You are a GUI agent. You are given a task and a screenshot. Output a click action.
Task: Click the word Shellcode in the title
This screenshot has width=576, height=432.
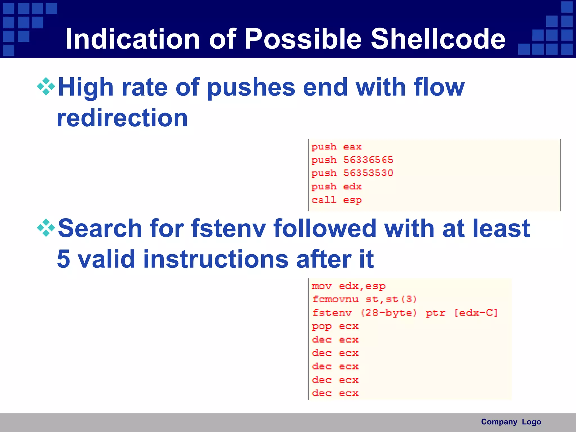[438, 39]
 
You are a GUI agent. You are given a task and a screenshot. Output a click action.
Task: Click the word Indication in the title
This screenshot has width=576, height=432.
[132, 39]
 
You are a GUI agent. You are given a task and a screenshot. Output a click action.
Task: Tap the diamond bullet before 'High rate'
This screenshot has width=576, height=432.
[46, 87]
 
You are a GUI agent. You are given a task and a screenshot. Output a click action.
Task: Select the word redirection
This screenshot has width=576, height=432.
[122, 118]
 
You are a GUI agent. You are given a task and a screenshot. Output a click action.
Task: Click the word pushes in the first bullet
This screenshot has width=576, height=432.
[251, 88]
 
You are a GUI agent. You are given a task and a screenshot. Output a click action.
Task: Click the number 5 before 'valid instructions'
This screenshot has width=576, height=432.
[64, 259]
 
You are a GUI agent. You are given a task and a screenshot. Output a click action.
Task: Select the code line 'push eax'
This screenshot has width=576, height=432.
[336, 147]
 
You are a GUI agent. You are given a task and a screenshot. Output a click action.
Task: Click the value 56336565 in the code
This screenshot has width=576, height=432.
[368, 160]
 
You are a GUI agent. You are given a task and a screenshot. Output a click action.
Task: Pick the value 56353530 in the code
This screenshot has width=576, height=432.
[368, 173]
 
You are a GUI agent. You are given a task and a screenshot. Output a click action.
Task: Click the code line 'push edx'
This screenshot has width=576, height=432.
[336, 187]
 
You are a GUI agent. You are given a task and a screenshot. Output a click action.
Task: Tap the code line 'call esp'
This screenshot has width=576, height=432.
[336, 200]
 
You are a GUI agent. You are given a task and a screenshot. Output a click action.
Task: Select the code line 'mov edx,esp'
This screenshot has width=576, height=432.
[348, 286]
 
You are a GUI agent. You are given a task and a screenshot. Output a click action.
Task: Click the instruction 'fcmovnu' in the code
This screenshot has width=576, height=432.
[335, 299]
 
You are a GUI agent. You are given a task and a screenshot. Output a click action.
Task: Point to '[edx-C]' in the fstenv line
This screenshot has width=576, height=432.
[476, 313]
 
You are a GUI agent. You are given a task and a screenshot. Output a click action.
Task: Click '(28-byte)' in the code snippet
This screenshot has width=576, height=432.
[389, 313]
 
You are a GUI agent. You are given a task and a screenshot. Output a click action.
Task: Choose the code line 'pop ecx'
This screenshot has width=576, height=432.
[335, 327]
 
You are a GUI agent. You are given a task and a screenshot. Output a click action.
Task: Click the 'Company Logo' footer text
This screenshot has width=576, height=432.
[511, 422]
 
